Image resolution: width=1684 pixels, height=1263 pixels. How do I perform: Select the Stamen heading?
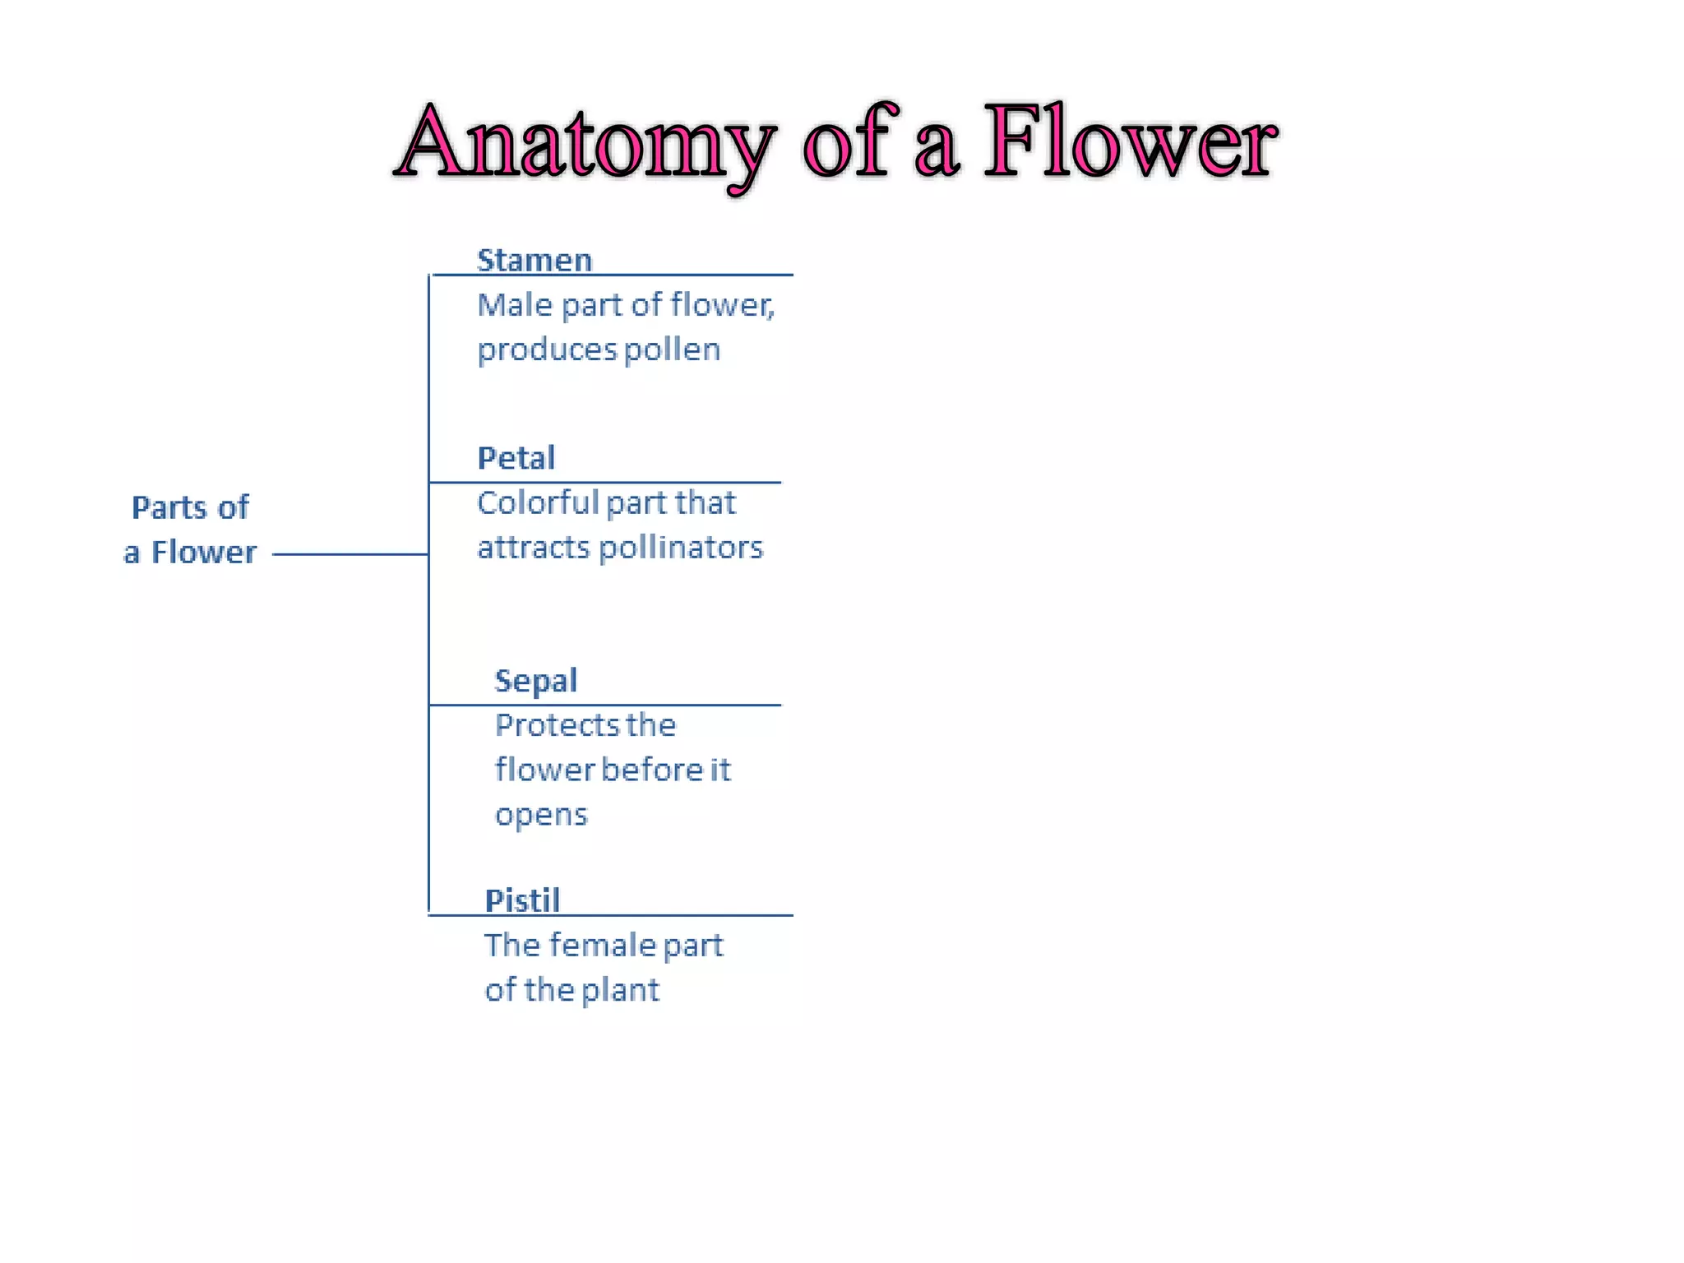pos(534,260)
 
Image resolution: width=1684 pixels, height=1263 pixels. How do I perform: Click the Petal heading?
pos(516,458)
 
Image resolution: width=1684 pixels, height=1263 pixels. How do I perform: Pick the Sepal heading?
pos(536,681)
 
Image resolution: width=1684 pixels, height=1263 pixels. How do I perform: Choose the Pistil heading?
pos(522,900)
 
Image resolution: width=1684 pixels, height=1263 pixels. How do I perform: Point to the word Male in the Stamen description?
pos(515,305)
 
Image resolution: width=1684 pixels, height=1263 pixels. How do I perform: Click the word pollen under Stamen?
pos(672,350)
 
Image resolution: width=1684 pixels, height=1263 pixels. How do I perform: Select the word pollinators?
pos(681,548)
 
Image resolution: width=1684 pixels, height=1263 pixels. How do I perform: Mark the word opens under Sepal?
pos(541,816)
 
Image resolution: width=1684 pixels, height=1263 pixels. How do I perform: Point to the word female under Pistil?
pos(602,946)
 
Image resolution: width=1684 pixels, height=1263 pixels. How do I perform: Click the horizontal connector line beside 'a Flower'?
pos(349,554)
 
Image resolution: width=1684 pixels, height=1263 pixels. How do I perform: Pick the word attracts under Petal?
pos(534,548)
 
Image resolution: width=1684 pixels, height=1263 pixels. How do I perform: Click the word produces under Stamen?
pos(547,350)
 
